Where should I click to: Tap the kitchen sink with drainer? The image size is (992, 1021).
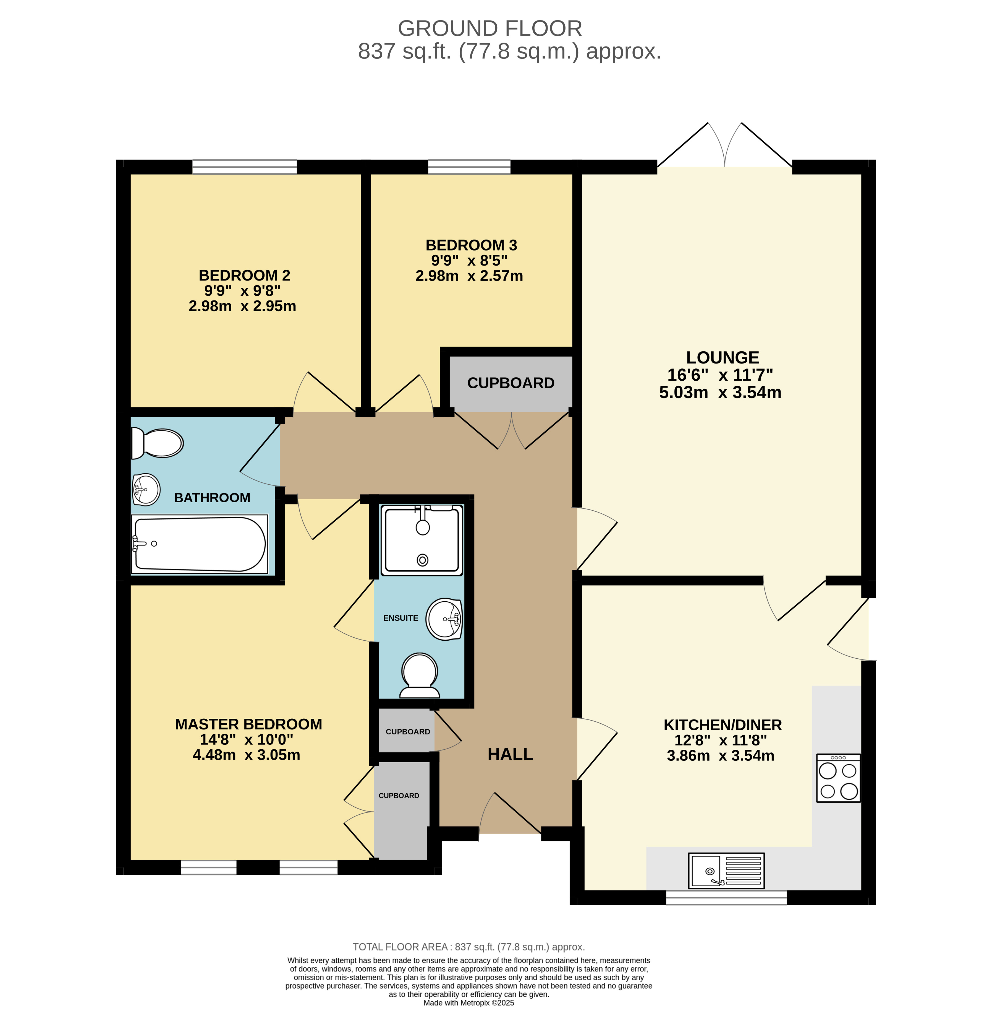pyautogui.click(x=726, y=870)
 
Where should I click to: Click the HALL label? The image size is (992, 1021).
pyautogui.click(x=510, y=754)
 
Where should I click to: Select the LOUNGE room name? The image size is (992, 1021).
pyautogui.click(x=722, y=357)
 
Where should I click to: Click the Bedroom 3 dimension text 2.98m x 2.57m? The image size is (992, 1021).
pyautogui.click(x=469, y=276)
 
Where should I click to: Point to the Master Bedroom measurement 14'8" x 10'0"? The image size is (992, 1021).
pyautogui.click(x=247, y=739)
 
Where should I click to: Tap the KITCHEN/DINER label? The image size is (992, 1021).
pyautogui.click(x=723, y=725)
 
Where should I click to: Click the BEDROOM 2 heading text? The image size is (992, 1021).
pyautogui.click(x=244, y=275)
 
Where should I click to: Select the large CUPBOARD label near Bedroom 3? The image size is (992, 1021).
pyautogui.click(x=511, y=383)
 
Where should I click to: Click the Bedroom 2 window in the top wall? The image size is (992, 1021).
pyautogui.click(x=244, y=167)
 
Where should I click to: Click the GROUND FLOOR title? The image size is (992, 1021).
pyautogui.click(x=490, y=29)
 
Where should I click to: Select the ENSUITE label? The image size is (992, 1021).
pyautogui.click(x=401, y=618)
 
